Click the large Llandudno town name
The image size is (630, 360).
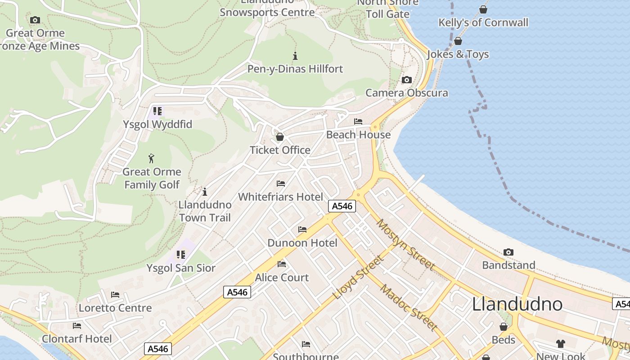click(x=517, y=305)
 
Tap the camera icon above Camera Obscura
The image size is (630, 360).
click(x=406, y=80)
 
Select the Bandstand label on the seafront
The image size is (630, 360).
click(x=508, y=265)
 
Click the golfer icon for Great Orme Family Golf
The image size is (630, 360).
click(x=152, y=158)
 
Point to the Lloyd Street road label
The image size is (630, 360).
click(x=358, y=278)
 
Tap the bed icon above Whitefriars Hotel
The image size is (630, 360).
click(x=281, y=184)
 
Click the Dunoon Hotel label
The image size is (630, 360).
click(x=302, y=243)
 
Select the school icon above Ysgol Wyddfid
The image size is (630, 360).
click(x=157, y=111)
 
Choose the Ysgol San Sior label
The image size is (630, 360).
click(x=181, y=268)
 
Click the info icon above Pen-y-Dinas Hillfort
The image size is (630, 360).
click(x=295, y=56)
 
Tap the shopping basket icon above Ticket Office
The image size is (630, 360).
click(x=280, y=137)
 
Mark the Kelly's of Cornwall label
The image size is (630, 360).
click(x=483, y=22)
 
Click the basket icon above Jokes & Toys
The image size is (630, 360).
click(x=458, y=41)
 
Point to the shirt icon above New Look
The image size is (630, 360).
click(x=560, y=344)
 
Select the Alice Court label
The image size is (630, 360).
click(x=282, y=278)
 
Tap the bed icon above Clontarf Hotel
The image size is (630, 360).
click(x=77, y=326)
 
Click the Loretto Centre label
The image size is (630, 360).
click(x=115, y=308)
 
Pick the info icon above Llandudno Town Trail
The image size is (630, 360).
click(x=205, y=192)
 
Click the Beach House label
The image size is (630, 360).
click(x=358, y=135)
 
